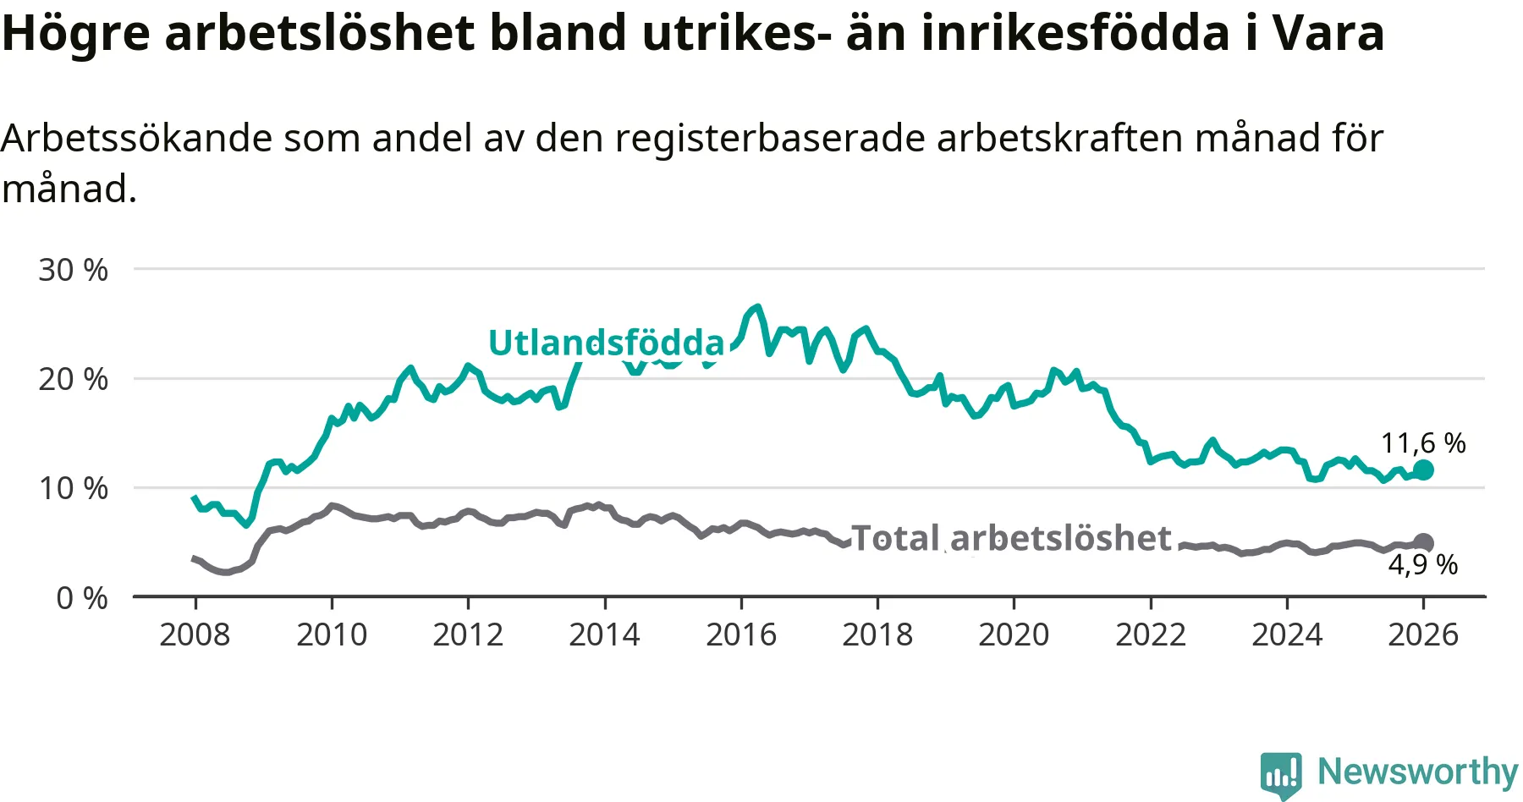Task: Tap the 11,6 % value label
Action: click(x=1422, y=443)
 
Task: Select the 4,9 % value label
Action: click(x=1422, y=564)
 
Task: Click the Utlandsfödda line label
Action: click(x=606, y=343)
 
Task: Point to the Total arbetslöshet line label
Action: click(x=1010, y=538)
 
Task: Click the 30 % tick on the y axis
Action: click(x=74, y=270)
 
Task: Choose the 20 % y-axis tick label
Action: click(x=74, y=379)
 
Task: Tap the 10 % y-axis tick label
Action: click(x=74, y=488)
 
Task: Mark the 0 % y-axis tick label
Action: click(x=82, y=598)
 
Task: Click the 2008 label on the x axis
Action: click(x=195, y=634)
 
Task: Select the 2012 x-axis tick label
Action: click(x=468, y=634)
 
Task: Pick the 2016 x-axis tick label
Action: click(x=741, y=634)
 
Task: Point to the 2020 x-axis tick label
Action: click(x=1014, y=634)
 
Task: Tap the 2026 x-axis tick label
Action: click(x=1423, y=634)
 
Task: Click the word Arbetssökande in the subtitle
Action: click(x=136, y=138)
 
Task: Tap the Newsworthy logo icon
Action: click(x=1280, y=773)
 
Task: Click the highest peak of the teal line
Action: click(x=757, y=307)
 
